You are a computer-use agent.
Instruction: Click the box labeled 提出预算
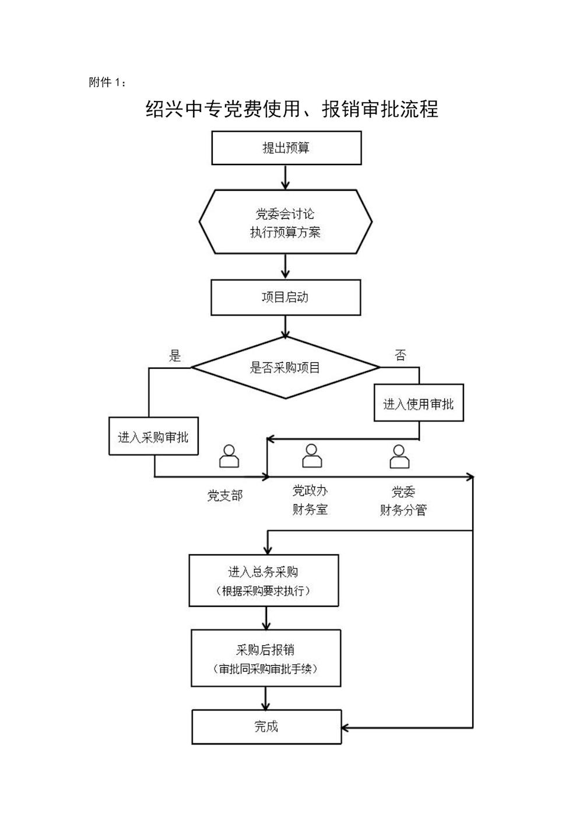point(286,148)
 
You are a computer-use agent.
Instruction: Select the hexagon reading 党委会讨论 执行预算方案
point(286,222)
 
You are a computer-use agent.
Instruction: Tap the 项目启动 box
point(286,298)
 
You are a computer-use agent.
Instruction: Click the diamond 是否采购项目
point(286,368)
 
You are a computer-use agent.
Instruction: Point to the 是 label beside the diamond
point(175,356)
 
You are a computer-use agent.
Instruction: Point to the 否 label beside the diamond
point(400,355)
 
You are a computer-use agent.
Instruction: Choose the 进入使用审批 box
point(418,403)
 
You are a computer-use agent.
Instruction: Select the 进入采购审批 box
point(153,436)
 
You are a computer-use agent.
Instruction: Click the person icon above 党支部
point(229,456)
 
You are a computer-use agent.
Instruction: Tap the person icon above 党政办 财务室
point(312,456)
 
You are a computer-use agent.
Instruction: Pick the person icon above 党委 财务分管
point(399,456)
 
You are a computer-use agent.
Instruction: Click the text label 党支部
point(224,496)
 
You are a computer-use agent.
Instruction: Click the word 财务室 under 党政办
point(310,509)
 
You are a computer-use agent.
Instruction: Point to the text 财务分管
point(403,510)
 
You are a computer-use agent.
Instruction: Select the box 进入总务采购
point(264,581)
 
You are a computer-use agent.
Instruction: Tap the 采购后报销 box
point(266,658)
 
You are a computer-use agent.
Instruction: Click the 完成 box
point(266,726)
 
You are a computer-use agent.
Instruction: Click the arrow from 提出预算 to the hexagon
point(286,177)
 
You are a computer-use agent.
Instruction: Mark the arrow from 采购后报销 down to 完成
point(266,698)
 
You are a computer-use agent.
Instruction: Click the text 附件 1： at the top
point(107,82)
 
